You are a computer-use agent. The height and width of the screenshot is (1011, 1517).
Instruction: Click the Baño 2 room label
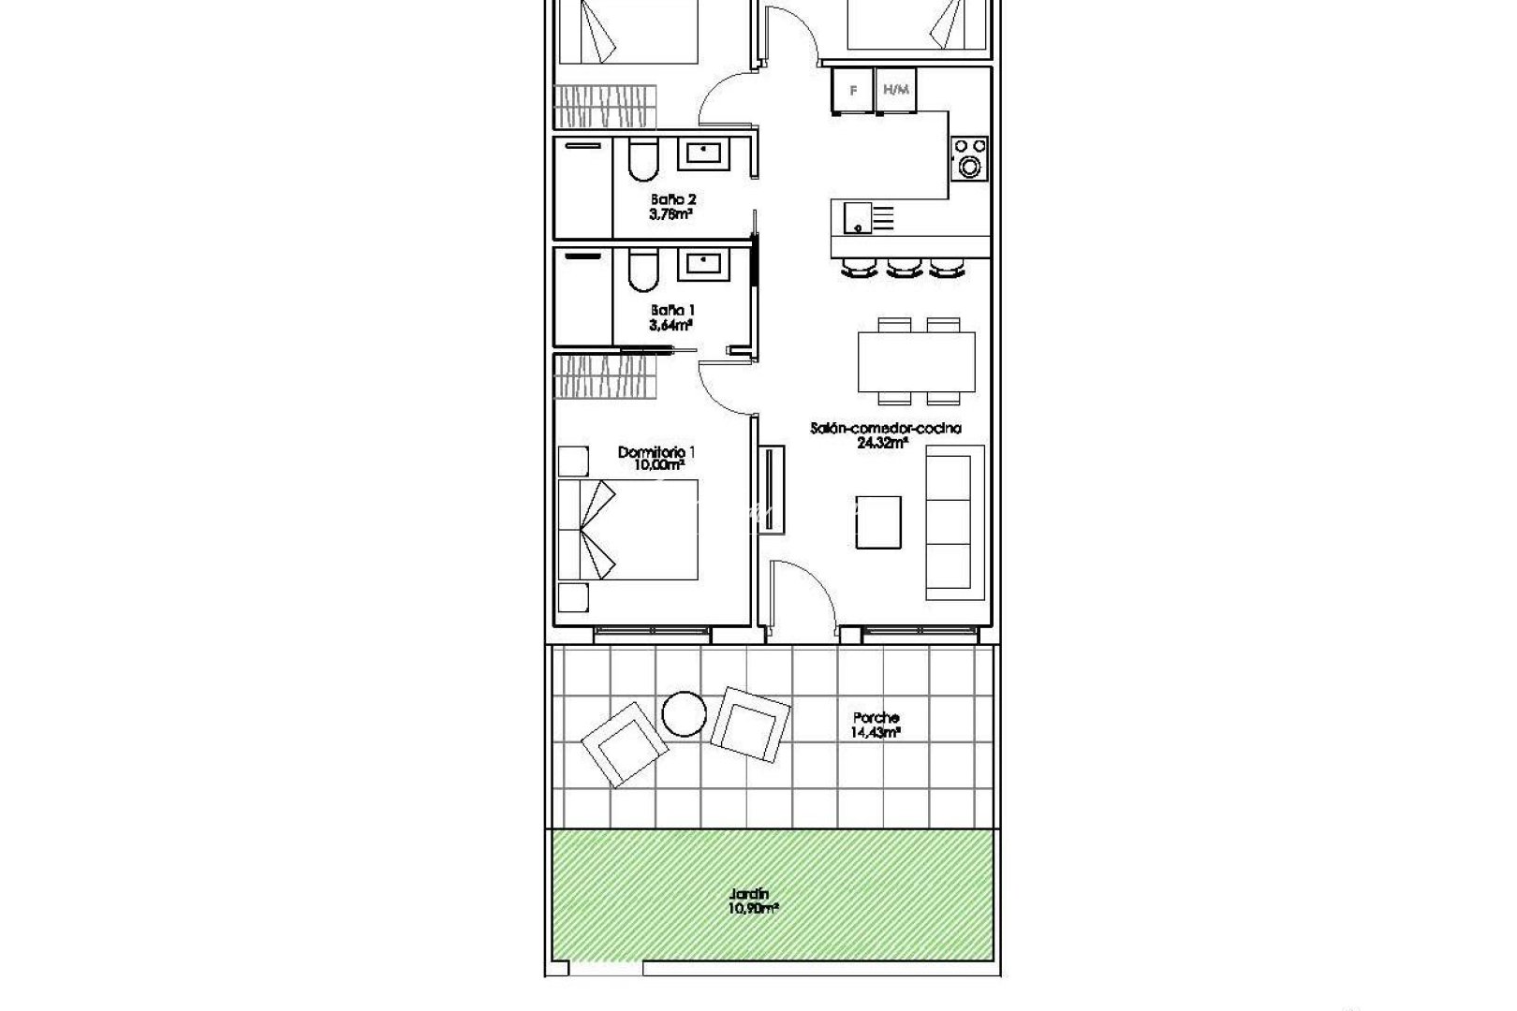673,199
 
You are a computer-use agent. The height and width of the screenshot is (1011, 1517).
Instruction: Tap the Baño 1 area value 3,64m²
671,326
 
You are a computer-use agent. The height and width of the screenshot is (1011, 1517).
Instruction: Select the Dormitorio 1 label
656,452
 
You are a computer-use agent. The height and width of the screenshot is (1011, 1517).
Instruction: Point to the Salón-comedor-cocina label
886,429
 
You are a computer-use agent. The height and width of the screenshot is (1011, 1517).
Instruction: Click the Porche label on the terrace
876,718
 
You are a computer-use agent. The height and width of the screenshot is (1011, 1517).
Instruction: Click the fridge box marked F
853,91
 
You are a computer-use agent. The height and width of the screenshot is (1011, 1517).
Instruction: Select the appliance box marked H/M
896,91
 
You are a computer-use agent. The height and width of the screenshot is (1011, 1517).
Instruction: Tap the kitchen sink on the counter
857,217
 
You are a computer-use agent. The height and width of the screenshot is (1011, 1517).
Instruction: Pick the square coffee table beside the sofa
880,523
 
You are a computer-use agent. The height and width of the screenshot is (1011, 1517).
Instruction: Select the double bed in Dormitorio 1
627,529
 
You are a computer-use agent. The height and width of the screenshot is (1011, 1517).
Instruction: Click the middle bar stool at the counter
904,269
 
